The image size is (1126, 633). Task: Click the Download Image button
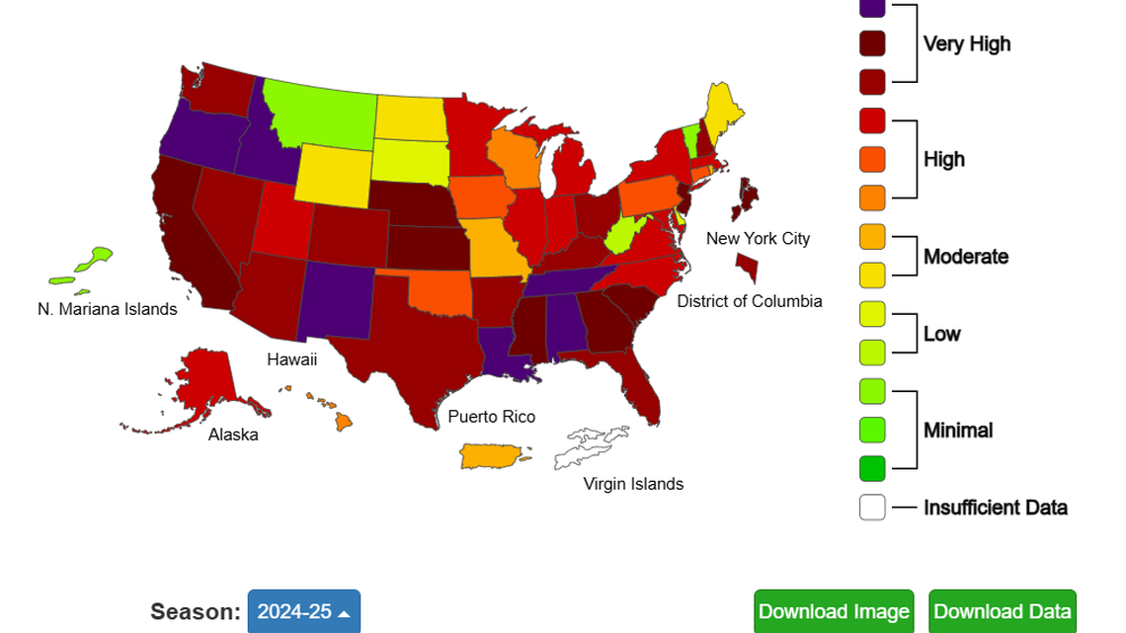click(x=834, y=611)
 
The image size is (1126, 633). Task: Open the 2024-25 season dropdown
click(x=303, y=611)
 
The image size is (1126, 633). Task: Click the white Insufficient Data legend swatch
click(x=872, y=508)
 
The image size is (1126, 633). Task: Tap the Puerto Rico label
click(x=491, y=417)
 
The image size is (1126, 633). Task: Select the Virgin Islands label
click(x=633, y=484)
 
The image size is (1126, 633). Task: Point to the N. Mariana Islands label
click(x=108, y=309)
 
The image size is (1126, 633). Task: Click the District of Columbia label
click(x=749, y=301)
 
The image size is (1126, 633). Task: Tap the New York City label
click(x=758, y=238)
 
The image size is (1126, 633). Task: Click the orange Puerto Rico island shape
click(x=492, y=455)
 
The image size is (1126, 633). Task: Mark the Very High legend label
click(x=966, y=43)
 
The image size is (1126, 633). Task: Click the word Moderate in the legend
click(x=965, y=257)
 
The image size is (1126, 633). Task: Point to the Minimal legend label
click(x=957, y=431)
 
